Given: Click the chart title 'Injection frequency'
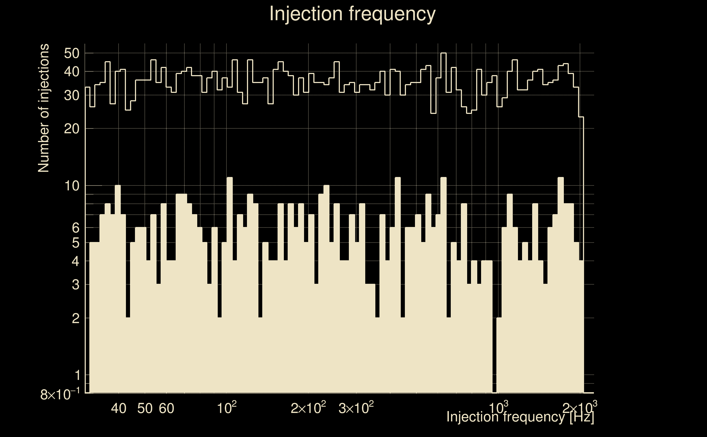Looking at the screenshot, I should coord(352,14).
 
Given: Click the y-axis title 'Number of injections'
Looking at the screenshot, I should coord(44,108).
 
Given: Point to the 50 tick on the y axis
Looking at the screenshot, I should coord(71,54).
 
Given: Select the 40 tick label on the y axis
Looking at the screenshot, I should coord(71,72).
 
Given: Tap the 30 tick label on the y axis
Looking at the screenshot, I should coord(71,95).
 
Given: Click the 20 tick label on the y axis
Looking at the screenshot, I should coord(71,129).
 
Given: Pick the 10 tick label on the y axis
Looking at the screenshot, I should coord(71,186).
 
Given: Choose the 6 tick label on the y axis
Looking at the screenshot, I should coord(75,228).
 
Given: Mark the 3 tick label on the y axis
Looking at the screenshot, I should coord(75,285).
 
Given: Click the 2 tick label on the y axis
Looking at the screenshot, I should coord(75,318).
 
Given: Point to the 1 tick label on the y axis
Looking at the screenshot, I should coord(77,376).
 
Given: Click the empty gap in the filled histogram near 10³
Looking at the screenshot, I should coord(494,347).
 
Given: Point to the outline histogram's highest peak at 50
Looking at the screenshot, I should coord(443,53).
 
